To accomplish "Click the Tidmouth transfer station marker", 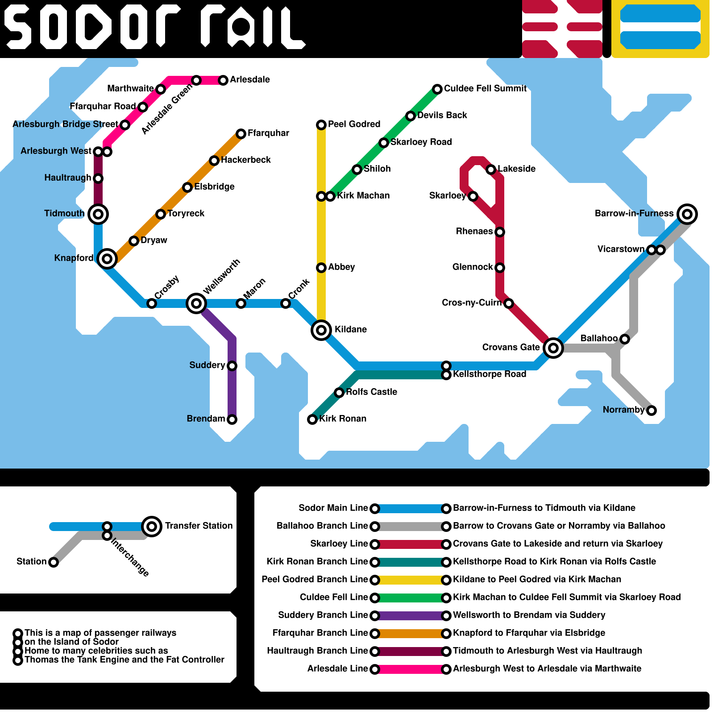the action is [x=98, y=214].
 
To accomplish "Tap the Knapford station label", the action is [x=74, y=258].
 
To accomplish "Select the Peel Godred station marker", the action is [x=321, y=125].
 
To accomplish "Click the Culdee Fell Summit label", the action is [x=485, y=88].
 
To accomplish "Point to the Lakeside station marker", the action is [x=491, y=170].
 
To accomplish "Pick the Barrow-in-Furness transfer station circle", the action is [x=687, y=214].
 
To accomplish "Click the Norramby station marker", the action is [x=652, y=411].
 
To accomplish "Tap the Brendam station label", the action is [x=206, y=419].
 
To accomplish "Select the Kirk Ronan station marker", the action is [x=312, y=419].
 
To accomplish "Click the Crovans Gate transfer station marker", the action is [x=553, y=348].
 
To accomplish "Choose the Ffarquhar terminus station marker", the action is [x=241, y=134].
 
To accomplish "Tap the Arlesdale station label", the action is [x=250, y=79].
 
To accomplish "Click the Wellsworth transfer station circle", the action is [x=196, y=303].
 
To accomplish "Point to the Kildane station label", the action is [x=351, y=329].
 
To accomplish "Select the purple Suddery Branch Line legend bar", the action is [x=411, y=616].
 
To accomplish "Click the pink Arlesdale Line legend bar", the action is [x=411, y=669].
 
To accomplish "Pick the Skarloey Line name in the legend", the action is [x=339, y=544].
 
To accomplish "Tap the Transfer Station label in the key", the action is [x=199, y=526].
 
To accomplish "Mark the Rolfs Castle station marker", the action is [x=339, y=393].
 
